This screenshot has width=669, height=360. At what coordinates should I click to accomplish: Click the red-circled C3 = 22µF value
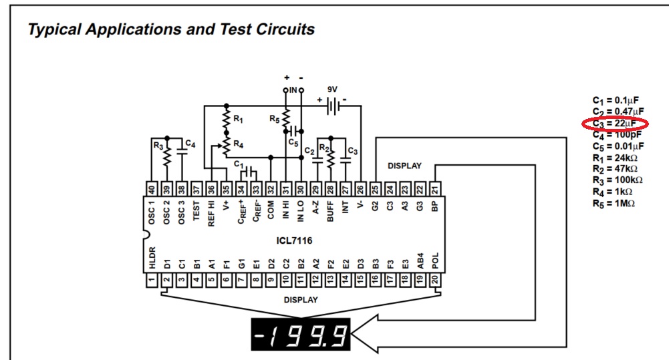pyautogui.click(x=614, y=124)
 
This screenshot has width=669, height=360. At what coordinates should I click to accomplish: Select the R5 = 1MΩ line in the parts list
pyautogui.click(x=614, y=204)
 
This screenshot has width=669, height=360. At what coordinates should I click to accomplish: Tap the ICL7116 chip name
pyautogui.click(x=294, y=240)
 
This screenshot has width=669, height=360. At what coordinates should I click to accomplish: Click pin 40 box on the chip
pyautogui.click(x=152, y=188)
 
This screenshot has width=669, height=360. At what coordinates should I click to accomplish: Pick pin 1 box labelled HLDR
pyautogui.click(x=152, y=281)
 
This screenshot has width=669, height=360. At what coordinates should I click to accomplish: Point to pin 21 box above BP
pyautogui.click(x=435, y=188)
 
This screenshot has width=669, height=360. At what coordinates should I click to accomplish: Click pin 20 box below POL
pyautogui.click(x=435, y=281)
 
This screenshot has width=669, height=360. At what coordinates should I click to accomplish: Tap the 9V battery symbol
pyautogui.click(x=333, y=106)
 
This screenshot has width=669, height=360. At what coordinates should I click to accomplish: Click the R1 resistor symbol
pyautogui.click(x=227, y=120)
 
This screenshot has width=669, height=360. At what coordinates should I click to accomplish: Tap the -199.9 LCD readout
pyautogui.click(x=300, y=335)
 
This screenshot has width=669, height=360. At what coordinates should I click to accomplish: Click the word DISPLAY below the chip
pyautogui.click(x=301, y=300)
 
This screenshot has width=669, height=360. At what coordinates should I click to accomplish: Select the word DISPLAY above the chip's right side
pyautogui.click(x=404, y=166)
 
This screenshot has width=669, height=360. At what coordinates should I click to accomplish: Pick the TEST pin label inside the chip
pyautogui.click(x=196, y=210)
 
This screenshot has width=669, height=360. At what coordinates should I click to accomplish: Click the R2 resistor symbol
pyautogui.click(x=331, y=157)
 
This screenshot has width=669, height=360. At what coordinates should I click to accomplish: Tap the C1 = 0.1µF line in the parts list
pyautogui.click(x=616, y=101)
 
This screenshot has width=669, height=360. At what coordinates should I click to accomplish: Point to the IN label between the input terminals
pyautogui.click(x=293, y=90)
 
